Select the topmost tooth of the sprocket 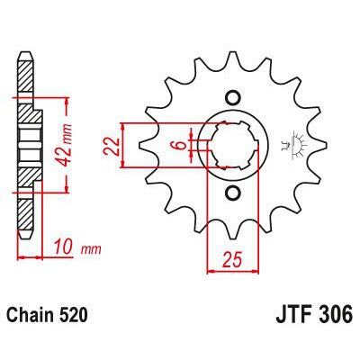(231, 59)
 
